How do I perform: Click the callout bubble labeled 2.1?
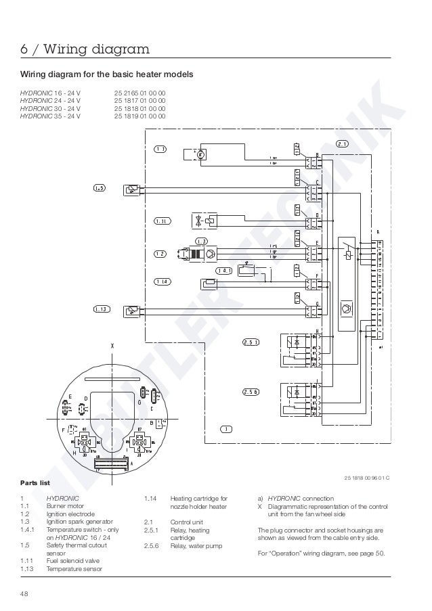coord(342,143)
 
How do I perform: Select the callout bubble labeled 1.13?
coord(101,309)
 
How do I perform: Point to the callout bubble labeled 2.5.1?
coord(251,342)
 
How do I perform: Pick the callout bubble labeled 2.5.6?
coord(251,392)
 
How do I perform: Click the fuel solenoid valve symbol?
coord(203,220)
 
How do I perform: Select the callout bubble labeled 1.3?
coord(201,242)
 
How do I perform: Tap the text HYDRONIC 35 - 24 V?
coord(50,116)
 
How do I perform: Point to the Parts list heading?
coord(35,483)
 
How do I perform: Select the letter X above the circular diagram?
coord(112,346)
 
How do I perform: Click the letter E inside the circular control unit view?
coord(70,396)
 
